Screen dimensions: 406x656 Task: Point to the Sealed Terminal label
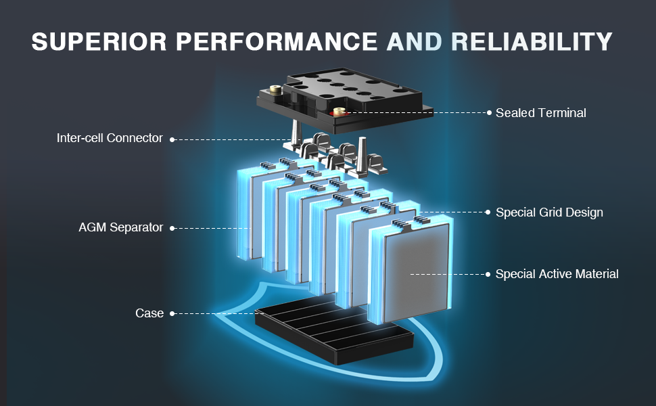[540, 113]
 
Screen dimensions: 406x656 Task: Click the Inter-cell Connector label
[110, 138]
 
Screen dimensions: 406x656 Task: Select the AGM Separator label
[120, 227]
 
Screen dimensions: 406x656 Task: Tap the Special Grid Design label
[549, 212]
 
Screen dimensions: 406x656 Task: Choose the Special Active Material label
[557, 274]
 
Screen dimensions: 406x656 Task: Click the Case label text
[149, 313]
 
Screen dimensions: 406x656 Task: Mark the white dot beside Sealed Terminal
[488, 113]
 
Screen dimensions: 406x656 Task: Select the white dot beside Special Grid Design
[488, 212]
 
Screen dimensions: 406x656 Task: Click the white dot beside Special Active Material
[488, 274]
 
